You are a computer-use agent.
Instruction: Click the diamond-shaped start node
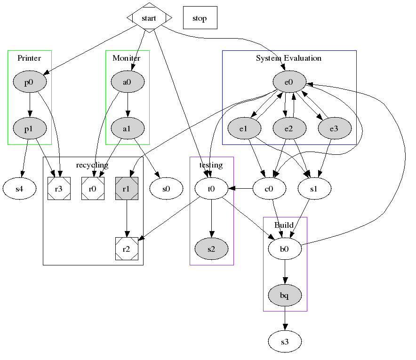pyautogui.click(x=149, y=18)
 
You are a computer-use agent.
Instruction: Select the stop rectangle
pyautogui.click(x=200, y=18)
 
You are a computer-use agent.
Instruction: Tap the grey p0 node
pyautogui.click(x=29, y=82)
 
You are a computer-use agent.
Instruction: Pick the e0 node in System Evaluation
pyautogui.click(x=289, y=82)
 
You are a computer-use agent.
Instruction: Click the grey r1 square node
pyautogui.click(x=126, y=189)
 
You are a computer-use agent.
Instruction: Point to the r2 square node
pyautogui.click(x=126, y=249)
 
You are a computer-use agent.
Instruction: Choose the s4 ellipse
pyautogui.click(x=19, y=189)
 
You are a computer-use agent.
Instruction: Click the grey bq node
pyautogui.click(x=284, y=296)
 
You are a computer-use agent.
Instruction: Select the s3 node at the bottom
pyautogui.click(x=284, y=342)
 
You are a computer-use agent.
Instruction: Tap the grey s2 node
pyautogui.click(x=211, y=249)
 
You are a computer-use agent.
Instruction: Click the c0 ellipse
pyautogui.click(x=270, y=189)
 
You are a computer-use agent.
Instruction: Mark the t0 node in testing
pyautogui.click(x=211, y=189)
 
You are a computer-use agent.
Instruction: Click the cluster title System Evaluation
pyautogui.click(x=288, y=58)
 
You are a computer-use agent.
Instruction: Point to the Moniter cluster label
pyautogui.click(x=126, y=58)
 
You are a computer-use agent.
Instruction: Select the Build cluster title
pyautogui.click(x=284, y=225)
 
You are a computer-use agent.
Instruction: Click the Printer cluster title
pyautogui.click(x=29, y=58)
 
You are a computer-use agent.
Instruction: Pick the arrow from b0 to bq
pyautogui.click(x=284, y=272)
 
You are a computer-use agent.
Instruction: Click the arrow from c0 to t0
pyautogui.click(x=240, y=189)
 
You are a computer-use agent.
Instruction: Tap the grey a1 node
pyautogui.click(x=127, y=128)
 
